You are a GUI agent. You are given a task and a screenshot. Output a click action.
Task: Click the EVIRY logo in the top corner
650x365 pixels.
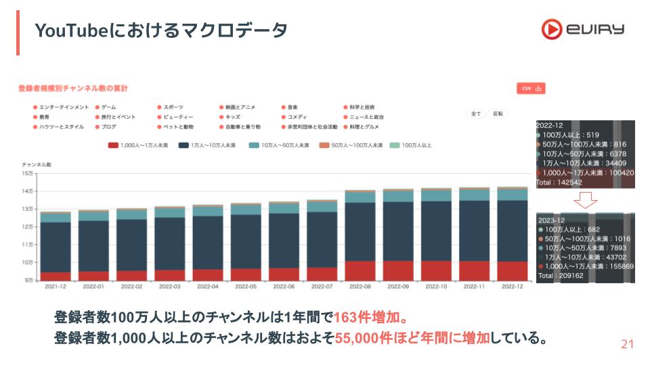click(x=582, y=29)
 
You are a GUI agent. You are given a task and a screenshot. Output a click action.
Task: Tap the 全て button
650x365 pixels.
click(x=476, y=114)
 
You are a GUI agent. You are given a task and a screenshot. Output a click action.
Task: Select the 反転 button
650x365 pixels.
click(x=498, y=114)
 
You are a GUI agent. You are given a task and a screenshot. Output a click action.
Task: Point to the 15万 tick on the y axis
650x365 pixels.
click(x=28, y=174)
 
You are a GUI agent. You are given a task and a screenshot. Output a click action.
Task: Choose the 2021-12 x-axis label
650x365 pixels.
click(x=56, y=287)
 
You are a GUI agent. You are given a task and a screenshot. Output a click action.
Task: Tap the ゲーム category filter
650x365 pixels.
click(x=108, y=107)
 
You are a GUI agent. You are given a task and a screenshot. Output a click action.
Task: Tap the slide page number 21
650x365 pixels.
click(x=627, y=345)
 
